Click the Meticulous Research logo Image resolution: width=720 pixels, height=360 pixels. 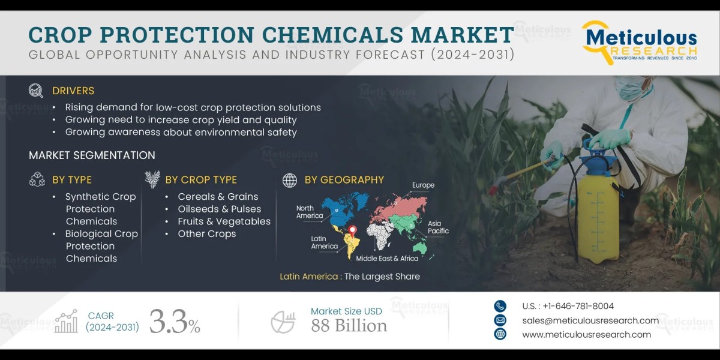click(639, 43)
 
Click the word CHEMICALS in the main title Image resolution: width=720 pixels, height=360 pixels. click(332, 35)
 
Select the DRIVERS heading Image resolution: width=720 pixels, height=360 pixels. click(73, 91)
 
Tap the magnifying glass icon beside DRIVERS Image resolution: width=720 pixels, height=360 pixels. click(35, 91)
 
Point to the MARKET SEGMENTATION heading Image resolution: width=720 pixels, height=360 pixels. click(92, 155)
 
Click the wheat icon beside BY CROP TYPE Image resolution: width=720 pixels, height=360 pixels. click(152, 179)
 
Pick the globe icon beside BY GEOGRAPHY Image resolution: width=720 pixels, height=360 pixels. click(290, 180)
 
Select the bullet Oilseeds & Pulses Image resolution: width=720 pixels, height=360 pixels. click(220, 209)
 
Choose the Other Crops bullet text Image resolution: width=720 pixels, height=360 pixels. click(207, 233)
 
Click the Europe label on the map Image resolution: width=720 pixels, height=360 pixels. click(424, 185)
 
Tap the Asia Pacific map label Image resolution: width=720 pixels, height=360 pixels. click(438, 227)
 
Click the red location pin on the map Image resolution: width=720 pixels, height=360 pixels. click(353, 231)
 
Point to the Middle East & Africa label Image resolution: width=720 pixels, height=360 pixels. click(387, 259)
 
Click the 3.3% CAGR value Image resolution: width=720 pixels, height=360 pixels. click(175, 322)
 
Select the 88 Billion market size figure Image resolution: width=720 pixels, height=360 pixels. click(349, 326)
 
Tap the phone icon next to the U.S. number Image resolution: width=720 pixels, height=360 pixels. click(500, 306)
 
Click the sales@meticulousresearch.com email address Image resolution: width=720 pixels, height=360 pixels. click(590, 320)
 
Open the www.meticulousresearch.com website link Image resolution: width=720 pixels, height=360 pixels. click(587, 335)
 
